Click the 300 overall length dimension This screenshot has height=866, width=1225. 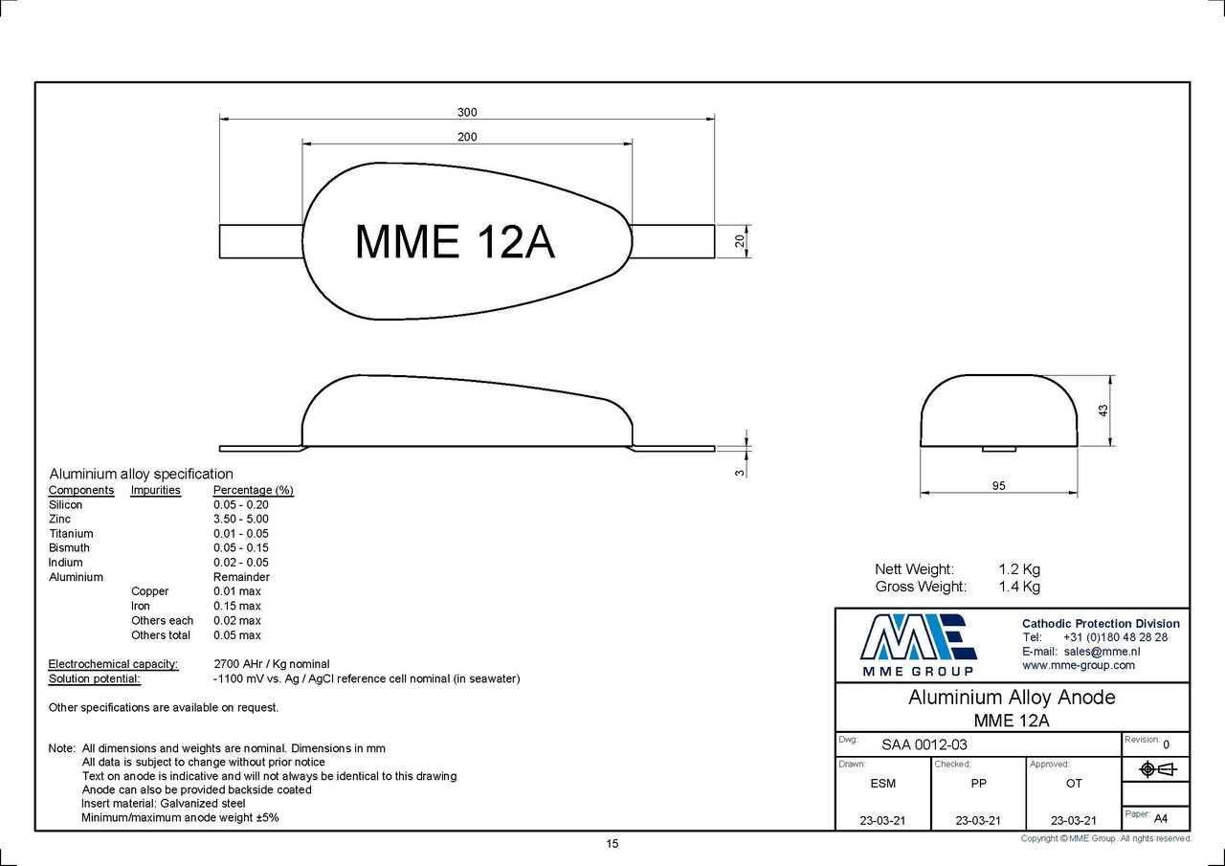pyautogui.click(x=467, y=112)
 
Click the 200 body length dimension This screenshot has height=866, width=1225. pyautogui.click(x=467, y=137)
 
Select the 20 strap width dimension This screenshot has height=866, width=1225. pyautogui.click(x=740, y=241)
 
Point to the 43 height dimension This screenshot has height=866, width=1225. pyautogui.click(x=1102, y=410)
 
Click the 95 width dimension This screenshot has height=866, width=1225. pyautogui.click(x=998, y=486)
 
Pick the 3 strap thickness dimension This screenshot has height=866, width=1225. pyautogui.click(x=740, y=471)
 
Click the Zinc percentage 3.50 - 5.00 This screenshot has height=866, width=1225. pyautogui.click(x=240, y=519)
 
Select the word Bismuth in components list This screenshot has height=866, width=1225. pyautogui.click(x=69, y=547)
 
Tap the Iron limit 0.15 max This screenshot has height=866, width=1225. pyautogui.click(x=236, y=606)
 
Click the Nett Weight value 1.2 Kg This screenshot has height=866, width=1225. pyautogui.click(x=1018, y=569)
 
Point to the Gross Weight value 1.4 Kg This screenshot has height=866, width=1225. pyautogui.click(x=1018, y=587)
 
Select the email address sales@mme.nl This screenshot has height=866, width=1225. pyautogui.click(x=1102, y=651)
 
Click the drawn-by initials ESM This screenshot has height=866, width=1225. pyautogui.click(x=882, y=783)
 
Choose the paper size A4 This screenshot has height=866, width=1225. pyautogui.click(x=1161, y=818)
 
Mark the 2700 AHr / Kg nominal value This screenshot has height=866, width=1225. pyautogui.click(x=271, y=663)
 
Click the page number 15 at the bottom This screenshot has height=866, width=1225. pyautogui.click(x=612, y=843)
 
